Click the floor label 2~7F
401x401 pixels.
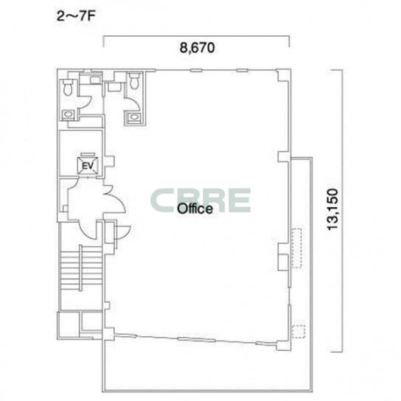click(x=76, y=17)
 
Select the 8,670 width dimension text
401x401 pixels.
click(x=197, y=48)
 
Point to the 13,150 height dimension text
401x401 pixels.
click(x=333, y=209)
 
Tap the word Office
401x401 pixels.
click(x=195, y=209)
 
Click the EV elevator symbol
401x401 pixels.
click(x=88, y=165)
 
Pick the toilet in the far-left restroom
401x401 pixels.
click(x=68, y=87)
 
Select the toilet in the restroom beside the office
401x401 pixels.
click(x=133, y=80)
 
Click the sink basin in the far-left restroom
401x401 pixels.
click(x=69, y=114)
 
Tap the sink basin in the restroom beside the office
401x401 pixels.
click(x=133, y=117)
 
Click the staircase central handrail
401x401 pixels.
click(x=80, y=268)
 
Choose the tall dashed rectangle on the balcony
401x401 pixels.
click(x=296, y=248)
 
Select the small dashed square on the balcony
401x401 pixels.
click(x=299, y=332)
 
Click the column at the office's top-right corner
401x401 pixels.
click(x=283, y=76)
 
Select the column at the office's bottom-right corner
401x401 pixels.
click(x=283, y=345)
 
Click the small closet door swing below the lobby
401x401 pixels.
click(x=123, y=232)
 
